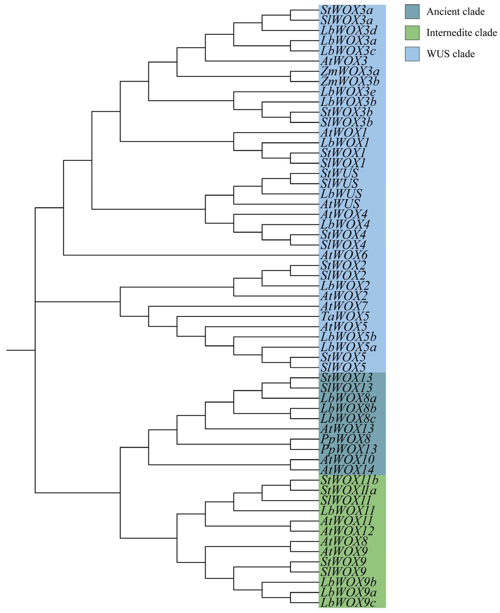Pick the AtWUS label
point(340,204)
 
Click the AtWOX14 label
point(347,470)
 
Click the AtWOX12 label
point(347,531)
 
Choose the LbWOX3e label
point(348,92)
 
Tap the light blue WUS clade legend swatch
point(412,54)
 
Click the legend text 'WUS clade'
point(451,54)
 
